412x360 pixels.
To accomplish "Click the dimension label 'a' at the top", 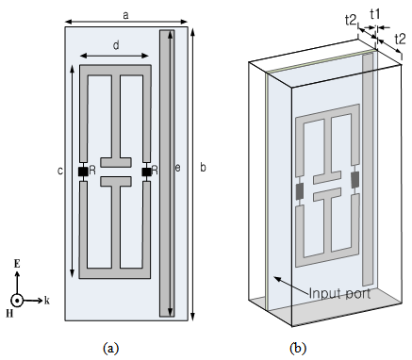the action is (x=125, y=15).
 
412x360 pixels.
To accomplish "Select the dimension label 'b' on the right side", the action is (x=203, y=168).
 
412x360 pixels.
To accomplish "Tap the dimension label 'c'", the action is (x=60, y=172).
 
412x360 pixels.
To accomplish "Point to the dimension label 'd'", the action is (x=116, y=45).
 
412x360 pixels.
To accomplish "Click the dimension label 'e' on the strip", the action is (x=177, y=169).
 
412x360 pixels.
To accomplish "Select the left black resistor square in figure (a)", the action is (x=83, y=172).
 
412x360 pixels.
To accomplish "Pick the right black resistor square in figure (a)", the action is (x=146, y=172).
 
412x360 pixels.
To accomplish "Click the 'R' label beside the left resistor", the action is (x=92, y=171).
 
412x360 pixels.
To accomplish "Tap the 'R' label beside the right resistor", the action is (x=155, y=171).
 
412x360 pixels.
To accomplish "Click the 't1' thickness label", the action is (x=375, y=14).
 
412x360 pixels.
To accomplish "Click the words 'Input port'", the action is (x=339, y=293).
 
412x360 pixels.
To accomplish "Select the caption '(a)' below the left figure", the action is (x=111, y=348).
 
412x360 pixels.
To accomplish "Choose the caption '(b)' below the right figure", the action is (x=298, y=348).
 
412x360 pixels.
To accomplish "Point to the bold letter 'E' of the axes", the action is (x=17, y=264).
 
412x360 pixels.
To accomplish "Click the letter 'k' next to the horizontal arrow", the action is (x=47, y=301).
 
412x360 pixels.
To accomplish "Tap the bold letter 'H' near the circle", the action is (x=9, y=314).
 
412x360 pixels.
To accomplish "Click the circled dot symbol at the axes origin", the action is (x=17, y=301).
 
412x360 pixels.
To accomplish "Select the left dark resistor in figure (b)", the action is (x=300, y=191).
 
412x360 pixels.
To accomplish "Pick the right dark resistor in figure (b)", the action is (x=355, y=180).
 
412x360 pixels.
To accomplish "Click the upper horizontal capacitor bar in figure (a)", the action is (x=115, y=162).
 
